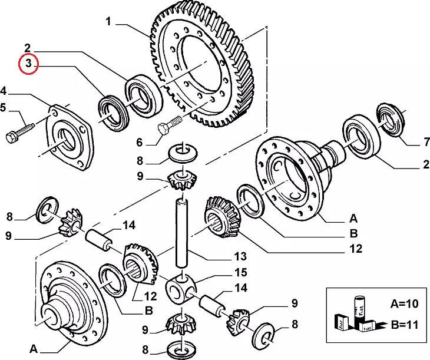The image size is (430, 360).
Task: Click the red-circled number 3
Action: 28,64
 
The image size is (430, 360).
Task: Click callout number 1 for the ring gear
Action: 108,22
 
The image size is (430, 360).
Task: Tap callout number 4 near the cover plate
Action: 4,92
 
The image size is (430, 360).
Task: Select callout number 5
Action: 4,108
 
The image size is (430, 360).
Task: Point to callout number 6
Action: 140,142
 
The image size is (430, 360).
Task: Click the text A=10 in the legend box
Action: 403,303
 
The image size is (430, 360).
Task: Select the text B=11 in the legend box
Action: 403,324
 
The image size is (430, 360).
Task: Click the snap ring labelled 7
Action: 389,118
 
